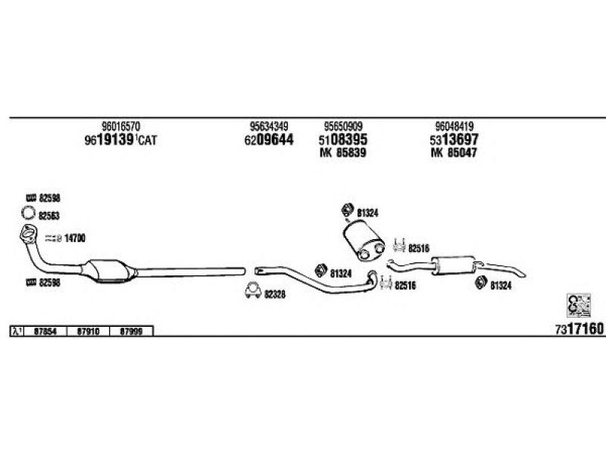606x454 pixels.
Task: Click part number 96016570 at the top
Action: coord(120,126)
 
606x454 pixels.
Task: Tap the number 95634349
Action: coord(269,126)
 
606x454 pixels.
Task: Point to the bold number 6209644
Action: coord(269,140)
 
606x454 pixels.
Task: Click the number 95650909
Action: coord(342,126)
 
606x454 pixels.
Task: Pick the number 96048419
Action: coord(455,126)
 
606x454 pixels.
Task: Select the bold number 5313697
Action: coord(455,140)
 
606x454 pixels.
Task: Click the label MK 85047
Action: coord(455,153)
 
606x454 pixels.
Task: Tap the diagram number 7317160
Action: coord(579,329)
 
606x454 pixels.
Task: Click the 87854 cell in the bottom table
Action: coord(47,331)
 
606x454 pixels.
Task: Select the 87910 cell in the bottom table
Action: coord(89,331)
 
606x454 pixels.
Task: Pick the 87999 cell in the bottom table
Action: coord(131,331)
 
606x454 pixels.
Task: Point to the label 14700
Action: coord(74,238)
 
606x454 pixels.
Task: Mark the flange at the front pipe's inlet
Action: coord(27,233)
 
